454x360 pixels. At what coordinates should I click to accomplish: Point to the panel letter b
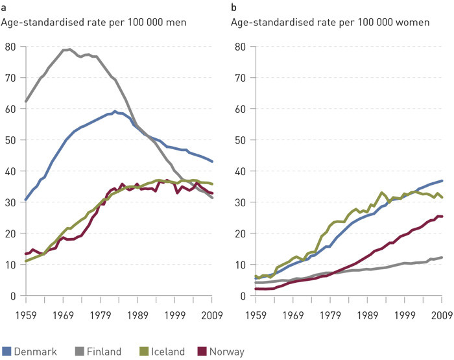coord(234,7)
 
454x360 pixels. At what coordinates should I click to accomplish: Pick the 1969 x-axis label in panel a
coord(64,316)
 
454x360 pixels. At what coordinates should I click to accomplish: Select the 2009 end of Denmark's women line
coord(442,181)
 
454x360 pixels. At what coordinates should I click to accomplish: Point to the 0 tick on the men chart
coord(12,296)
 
